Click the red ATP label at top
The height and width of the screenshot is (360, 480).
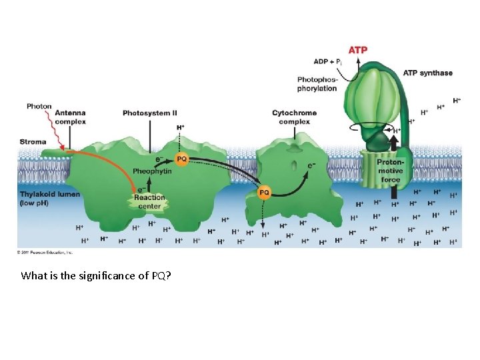click(x=357, y=50)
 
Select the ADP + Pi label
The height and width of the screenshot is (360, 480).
click(x=329, y=62)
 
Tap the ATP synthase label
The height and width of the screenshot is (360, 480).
click(x=427, y=73)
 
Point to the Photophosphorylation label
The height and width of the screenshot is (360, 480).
click(x=317, y=84)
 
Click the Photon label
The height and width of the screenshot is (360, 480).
click(x=39, y=106)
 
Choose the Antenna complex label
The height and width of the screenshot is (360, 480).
click(x=70, y=117)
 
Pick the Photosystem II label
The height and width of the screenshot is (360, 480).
click(x=149, y=113)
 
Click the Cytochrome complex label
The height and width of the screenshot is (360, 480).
click(x=294, y=117)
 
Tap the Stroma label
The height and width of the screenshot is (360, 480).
click(x=33, y=141)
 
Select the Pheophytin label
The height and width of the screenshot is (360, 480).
click(x=152, y=171)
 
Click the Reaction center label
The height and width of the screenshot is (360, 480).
click(x=149, y=202)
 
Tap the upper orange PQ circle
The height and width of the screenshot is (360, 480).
click(x=181, y=159)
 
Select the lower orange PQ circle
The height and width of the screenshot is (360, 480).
click(x=264, y=193)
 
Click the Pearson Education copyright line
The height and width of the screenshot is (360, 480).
click(x=45, y=252)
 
